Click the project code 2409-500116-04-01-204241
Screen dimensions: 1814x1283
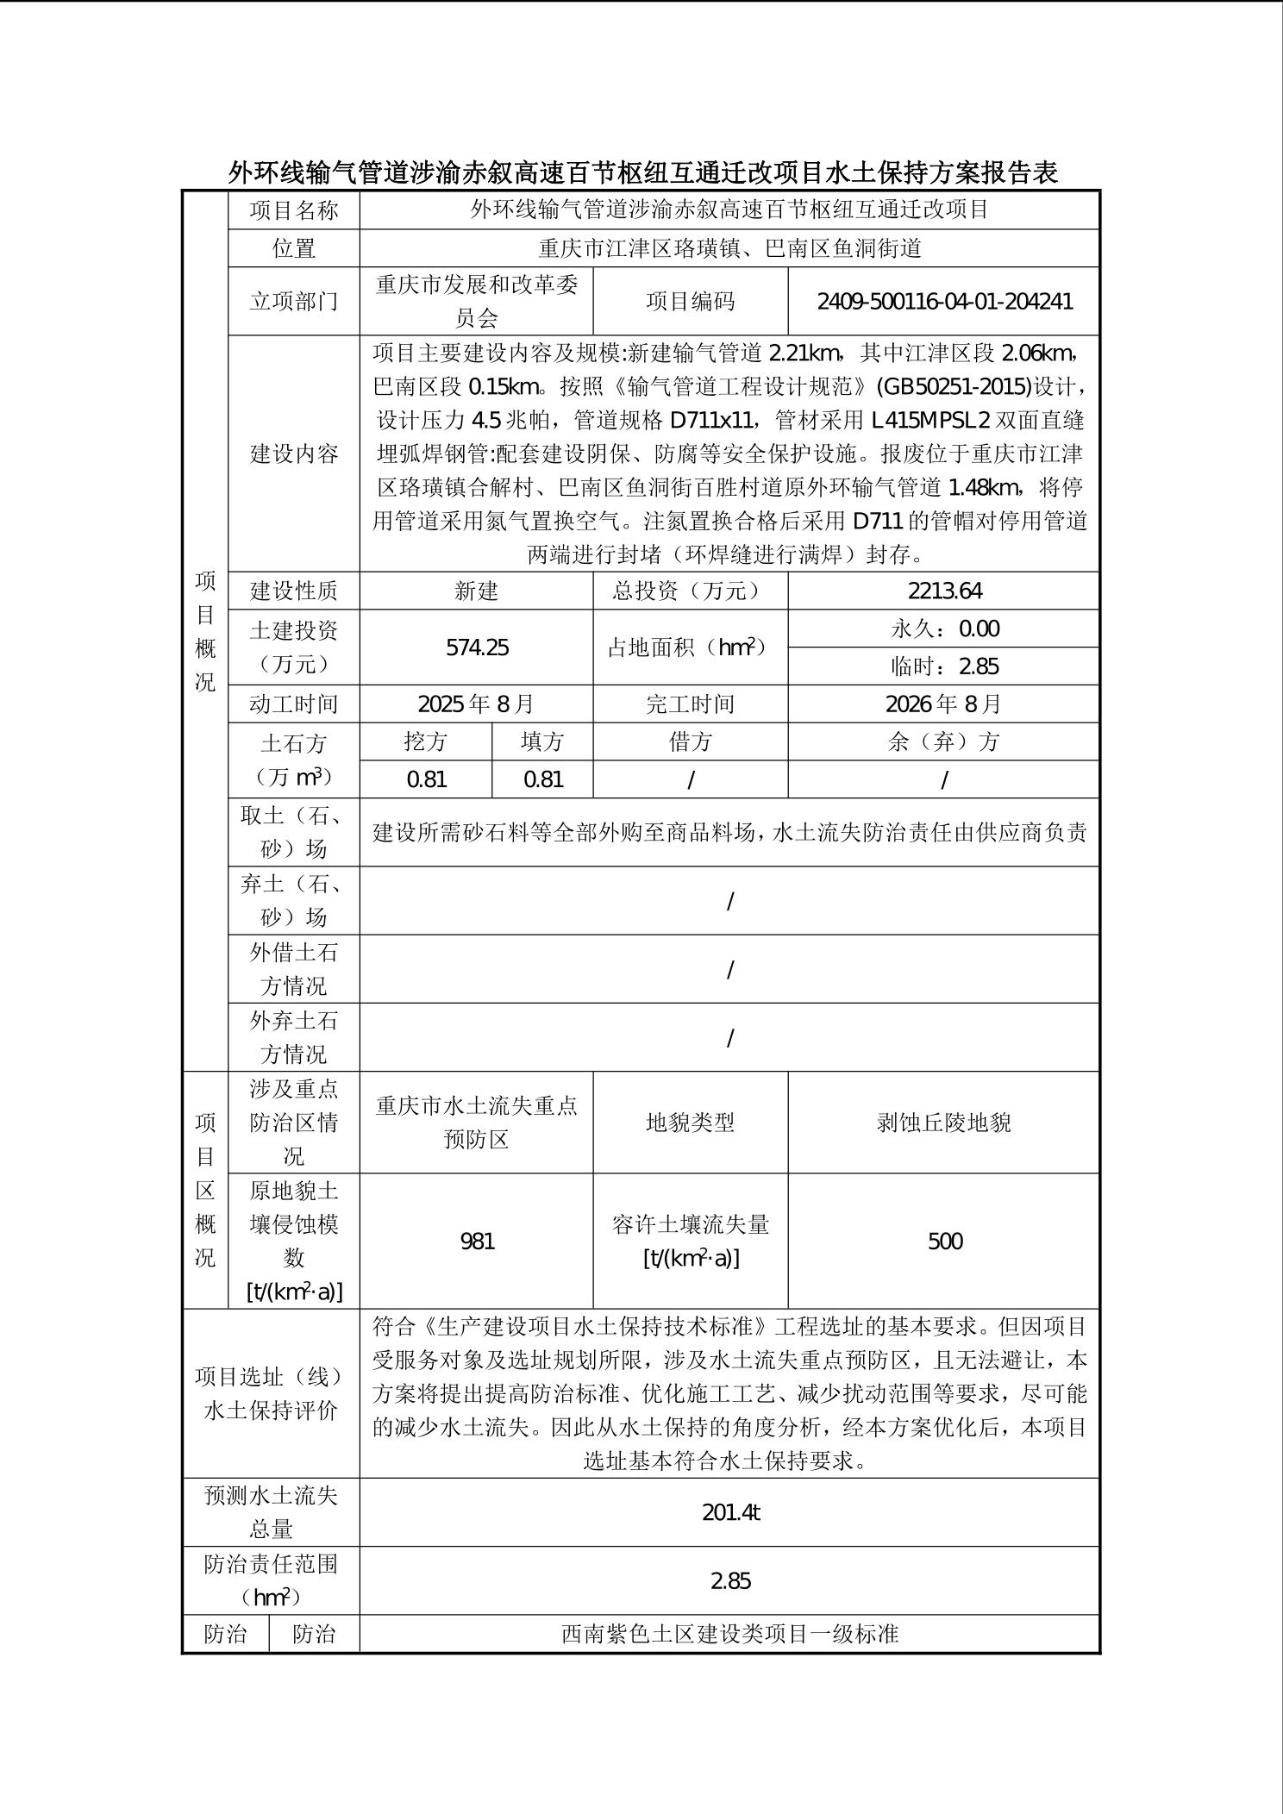[944, 302]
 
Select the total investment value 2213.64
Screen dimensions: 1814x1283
[944, 591]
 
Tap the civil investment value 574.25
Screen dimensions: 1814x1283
[477, 647]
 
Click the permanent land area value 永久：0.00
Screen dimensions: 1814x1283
[944, 629]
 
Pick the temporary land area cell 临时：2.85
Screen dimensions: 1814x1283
[944, 666]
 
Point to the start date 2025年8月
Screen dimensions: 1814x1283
[477, 704]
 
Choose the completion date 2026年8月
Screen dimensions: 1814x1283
[944, 704]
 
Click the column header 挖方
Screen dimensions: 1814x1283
[426, 741]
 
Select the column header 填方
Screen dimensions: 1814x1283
[542, 741]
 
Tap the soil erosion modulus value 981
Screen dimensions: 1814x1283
[477, 1241]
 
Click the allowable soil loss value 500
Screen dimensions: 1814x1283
[944, 1241]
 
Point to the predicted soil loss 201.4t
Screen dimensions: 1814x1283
[729, 1512]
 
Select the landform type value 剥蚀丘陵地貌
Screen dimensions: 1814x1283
[944, 1123]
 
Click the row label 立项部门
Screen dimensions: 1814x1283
[294, 302]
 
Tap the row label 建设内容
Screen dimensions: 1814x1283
[294, 454]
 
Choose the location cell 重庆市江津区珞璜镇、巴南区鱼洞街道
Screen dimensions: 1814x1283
[729, 249]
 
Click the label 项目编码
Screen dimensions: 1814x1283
[691, 302]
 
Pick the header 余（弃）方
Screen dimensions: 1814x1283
[944, 741]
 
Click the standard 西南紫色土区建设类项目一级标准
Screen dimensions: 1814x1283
[729, 1634]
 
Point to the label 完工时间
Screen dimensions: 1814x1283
[691, 704]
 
